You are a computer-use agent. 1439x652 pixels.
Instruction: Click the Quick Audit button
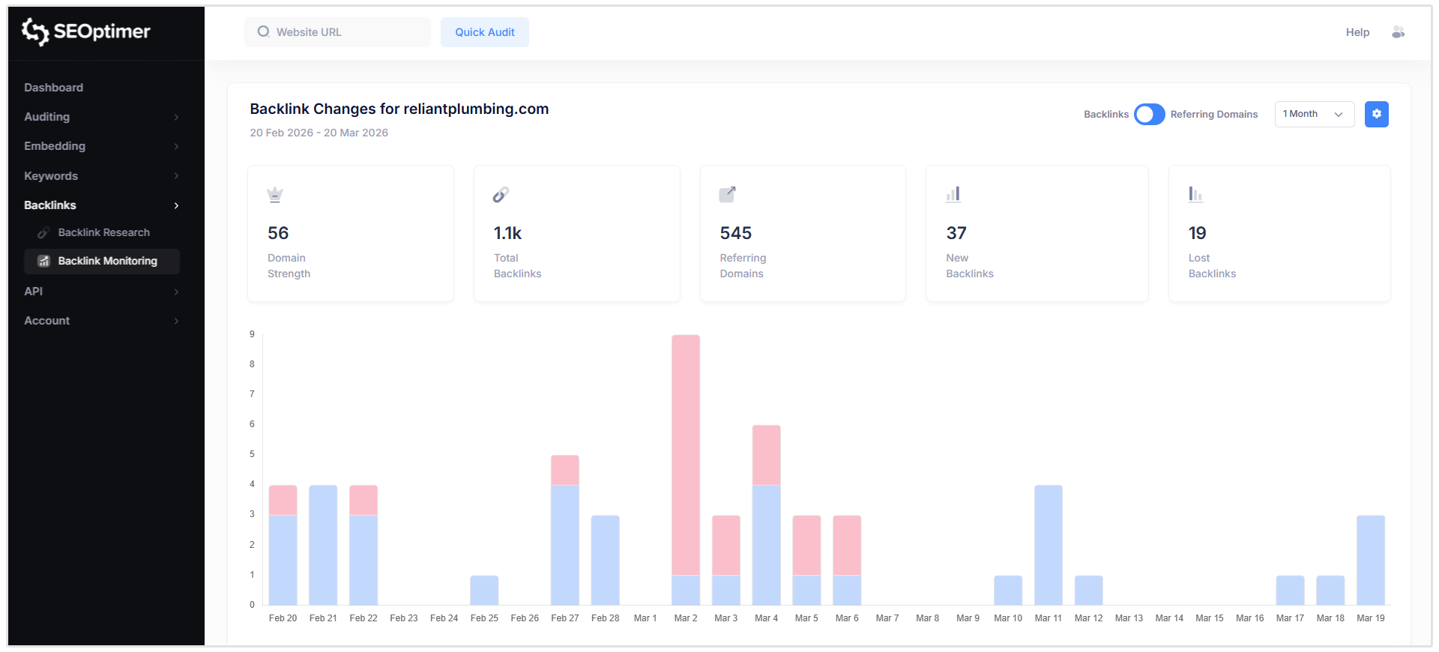pyautogui.click(x=484, y=32)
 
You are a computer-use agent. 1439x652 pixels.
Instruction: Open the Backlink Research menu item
pyautogui.click(x=103, y=232)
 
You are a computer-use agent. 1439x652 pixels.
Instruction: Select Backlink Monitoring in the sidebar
pyautogui.click(x=107, y=261)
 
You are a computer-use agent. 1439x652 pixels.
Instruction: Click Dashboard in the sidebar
pyautogui.click(x=53, y=88)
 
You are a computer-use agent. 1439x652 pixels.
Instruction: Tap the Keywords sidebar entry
pyautogui.click(x=51, y=176)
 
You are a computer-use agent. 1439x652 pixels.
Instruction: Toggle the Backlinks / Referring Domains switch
pyautogui.click(x=1149, y=114)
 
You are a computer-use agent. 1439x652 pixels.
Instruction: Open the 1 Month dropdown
pyautogui.click(x=1314, y=114)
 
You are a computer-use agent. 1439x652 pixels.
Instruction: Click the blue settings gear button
pyautogui.click(x=1376, y=114)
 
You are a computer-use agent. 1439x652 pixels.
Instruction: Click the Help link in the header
pyautogui.click(x=1357, y=32)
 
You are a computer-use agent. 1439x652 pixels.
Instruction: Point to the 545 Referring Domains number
pyautogui.click(x=735, y=233)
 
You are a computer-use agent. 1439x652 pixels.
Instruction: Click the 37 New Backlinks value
pyautogui.click(x=956, y=233)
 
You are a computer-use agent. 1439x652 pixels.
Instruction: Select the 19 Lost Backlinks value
pyautogui.click(x=1197, y=233)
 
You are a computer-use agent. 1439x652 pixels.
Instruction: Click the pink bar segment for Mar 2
pyautogui.click(x=686, y=454)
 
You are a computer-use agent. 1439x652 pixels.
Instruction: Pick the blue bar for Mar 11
pyautogui.click(x=1048, y=545)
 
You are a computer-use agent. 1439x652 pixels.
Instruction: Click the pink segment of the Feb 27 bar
pyautogui.click(x=564, y=470)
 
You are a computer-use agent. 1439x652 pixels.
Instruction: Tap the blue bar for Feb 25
pyautogui.click(x=484, y=591)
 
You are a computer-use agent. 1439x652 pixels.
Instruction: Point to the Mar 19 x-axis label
pyautogui.click(x=1370, y=618)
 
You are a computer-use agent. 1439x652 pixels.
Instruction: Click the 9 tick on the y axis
pyautogui.click(x=252, y=334)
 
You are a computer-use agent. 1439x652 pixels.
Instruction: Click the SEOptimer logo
pyautogui.click(x=86, y=31)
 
